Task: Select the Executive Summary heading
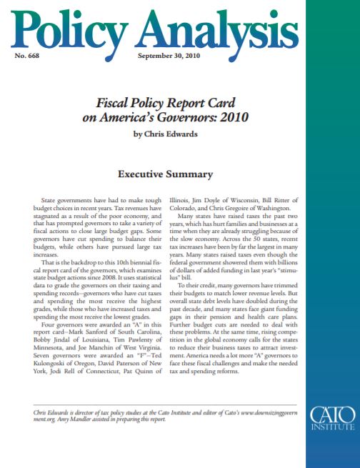point(165,174)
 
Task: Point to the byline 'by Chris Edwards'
point(165,134)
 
